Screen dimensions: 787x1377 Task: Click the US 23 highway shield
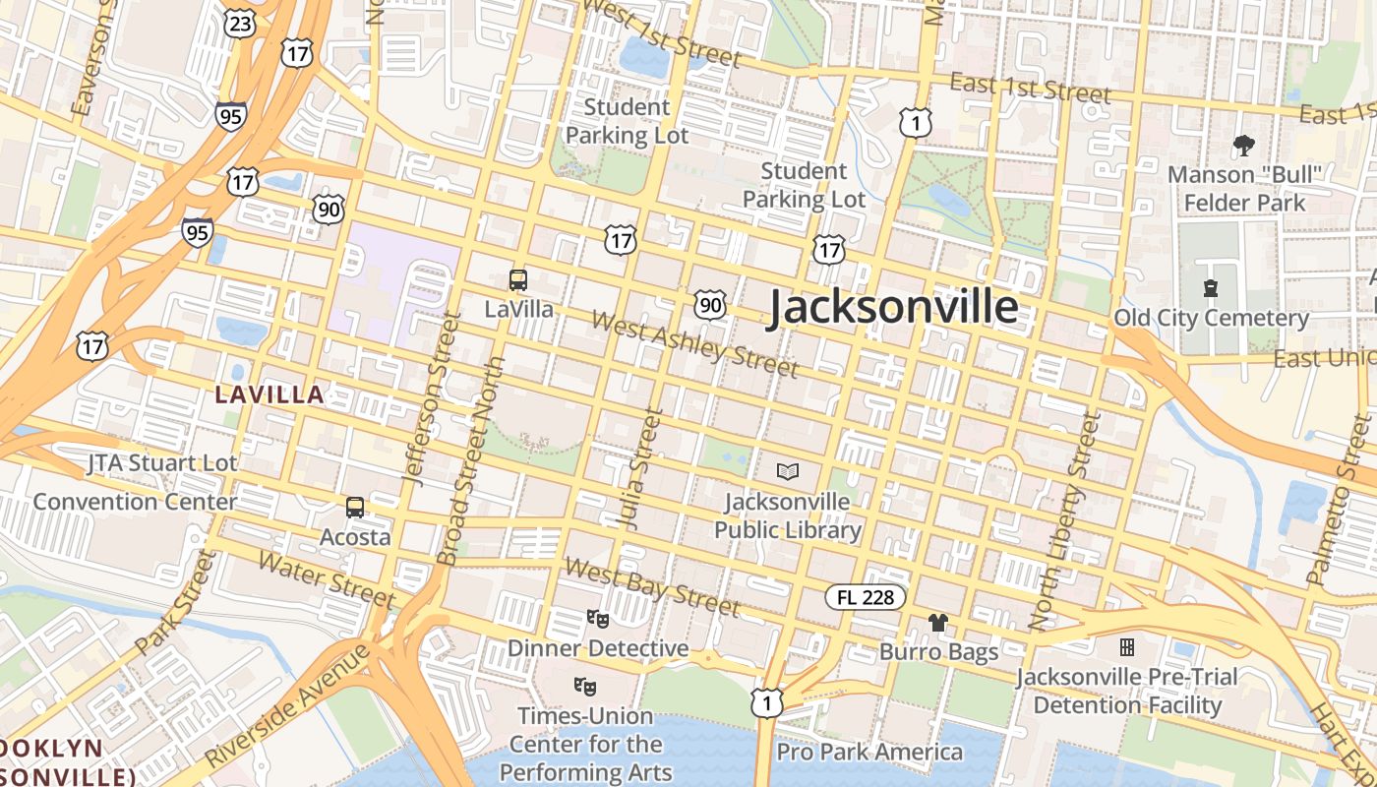tap(240, 23)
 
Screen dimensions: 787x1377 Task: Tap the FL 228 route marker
tap(865, 596)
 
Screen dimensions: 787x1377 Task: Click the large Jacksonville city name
tap(892, 307)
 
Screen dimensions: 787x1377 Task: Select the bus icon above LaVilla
tap(518, 280)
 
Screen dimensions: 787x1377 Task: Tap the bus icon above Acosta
tap(355, 508)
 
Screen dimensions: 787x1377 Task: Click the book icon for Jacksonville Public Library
tap(787, 472)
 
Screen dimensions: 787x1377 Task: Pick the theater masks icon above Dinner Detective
tap(597, 619)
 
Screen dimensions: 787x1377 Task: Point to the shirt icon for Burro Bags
tap(938, 622)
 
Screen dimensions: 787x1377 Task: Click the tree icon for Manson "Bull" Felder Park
tap(1243, 147)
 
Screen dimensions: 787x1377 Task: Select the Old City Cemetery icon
tap(1211, 288)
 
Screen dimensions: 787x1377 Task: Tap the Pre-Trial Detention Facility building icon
tap(1127, 647)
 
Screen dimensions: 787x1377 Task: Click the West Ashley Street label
tap(694, 345)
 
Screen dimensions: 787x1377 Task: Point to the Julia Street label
tap(638, 469)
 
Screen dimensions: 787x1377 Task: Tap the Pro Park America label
tap(869, 753)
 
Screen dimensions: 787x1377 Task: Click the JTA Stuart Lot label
tap(161, 462)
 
